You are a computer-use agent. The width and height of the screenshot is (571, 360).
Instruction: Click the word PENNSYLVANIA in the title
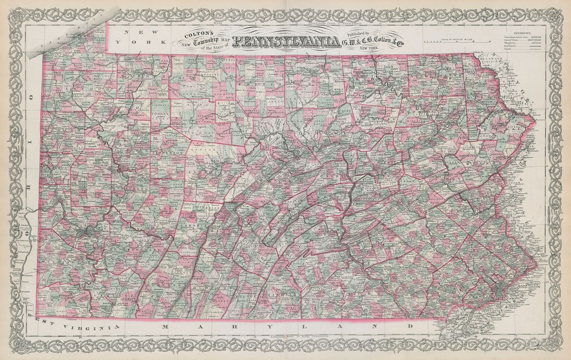[x=286, y=42]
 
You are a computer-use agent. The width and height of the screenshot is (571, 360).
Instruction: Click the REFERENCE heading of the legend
[x=535, y=32]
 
